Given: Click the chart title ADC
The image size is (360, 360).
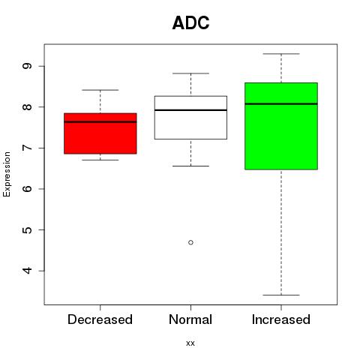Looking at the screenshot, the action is point(190,22).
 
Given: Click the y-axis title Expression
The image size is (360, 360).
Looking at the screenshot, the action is point(7,174).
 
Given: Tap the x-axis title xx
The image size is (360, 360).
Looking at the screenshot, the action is point(190,343).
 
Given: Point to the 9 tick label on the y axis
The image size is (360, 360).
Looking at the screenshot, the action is point(27,66).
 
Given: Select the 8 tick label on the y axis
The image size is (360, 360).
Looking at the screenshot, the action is point(27,107).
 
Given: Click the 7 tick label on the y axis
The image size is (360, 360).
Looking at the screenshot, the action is point(27,148).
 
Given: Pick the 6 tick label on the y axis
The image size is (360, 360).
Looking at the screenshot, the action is point(27,189).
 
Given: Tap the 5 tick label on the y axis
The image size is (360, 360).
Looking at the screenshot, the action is point(27,229).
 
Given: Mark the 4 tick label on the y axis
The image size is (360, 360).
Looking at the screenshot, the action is point(27,271).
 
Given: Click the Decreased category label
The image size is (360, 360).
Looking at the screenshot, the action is point(100,319).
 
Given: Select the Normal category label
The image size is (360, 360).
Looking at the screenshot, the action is point(190,319).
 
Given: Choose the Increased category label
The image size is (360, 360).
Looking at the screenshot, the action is point(281,319).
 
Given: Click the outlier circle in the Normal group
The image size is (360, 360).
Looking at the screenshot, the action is point(190,242).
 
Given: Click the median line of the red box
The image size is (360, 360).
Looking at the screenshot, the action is point(100,122).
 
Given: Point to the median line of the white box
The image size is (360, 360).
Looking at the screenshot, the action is point(190,110).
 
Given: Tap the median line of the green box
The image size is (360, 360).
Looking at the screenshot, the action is point(281,103).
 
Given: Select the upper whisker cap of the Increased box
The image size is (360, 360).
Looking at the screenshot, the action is point(281,54).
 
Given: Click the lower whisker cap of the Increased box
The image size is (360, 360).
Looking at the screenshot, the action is point(281,295).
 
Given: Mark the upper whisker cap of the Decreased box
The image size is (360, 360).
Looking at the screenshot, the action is point(100,90).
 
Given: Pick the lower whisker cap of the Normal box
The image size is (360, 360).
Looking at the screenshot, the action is point(190,166).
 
